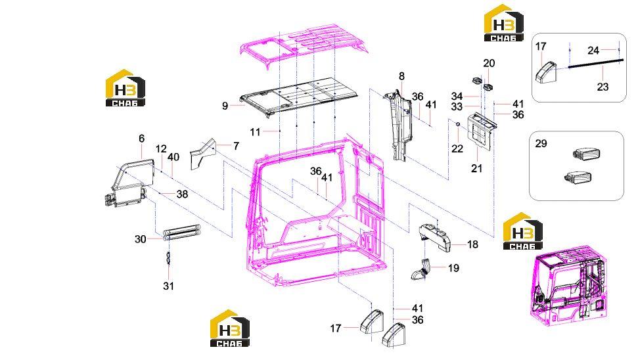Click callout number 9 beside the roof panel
225,106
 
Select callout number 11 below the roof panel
255,132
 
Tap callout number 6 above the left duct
142,139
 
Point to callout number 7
236,146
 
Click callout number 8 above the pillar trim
401,76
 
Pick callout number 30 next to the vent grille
141,239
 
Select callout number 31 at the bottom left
168,286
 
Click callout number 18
473,244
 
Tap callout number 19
453,268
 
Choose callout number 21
476,168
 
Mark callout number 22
457,149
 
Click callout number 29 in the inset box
541,144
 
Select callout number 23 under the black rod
603,87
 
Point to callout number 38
182,194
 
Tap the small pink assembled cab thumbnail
569,284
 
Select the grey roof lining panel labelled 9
299,97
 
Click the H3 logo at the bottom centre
230,328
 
